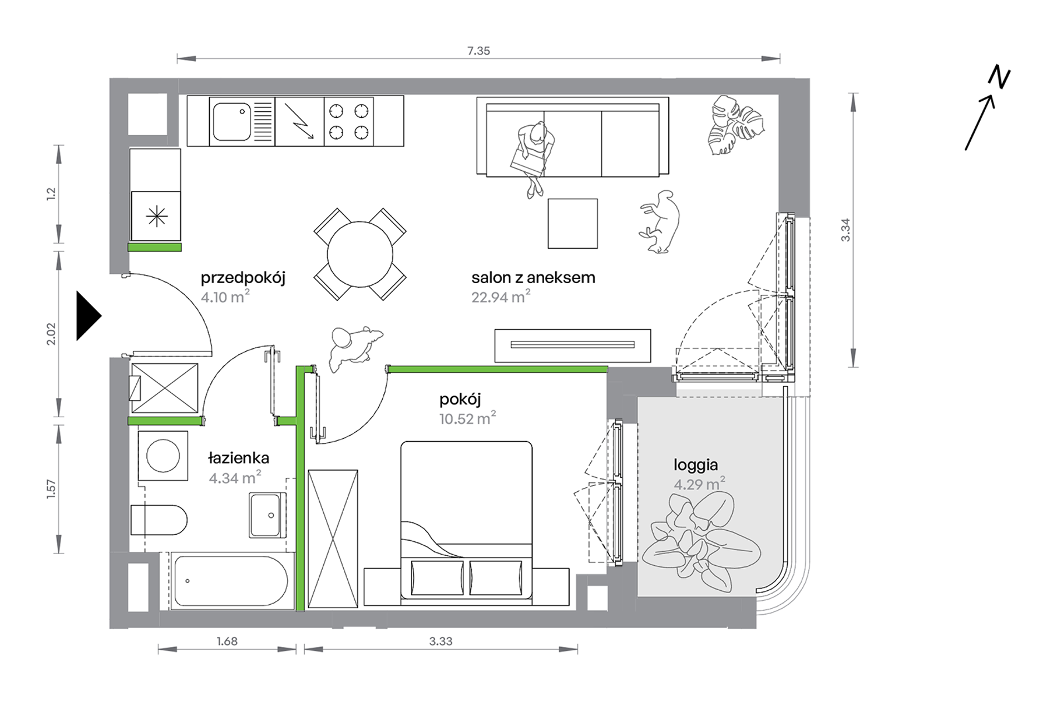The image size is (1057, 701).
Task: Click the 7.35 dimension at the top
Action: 478,51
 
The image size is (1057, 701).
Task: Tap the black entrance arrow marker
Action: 89,315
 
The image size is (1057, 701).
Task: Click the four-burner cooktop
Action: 349,122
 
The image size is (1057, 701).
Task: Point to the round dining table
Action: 360,255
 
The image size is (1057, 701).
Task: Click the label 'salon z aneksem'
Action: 533,278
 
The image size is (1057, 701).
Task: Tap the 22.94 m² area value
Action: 501,297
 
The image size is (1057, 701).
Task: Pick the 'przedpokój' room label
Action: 243,278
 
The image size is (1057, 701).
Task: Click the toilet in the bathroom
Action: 159,520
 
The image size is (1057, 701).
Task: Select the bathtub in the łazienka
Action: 231,581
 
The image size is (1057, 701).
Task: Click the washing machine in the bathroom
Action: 163,456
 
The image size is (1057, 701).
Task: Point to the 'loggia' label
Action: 695,465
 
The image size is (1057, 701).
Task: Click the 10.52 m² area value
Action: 467,418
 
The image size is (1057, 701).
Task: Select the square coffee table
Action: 572,224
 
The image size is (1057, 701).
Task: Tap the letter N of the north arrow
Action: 999,78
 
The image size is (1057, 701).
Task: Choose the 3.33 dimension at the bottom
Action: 441,641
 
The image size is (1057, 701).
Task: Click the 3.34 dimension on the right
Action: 846,230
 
